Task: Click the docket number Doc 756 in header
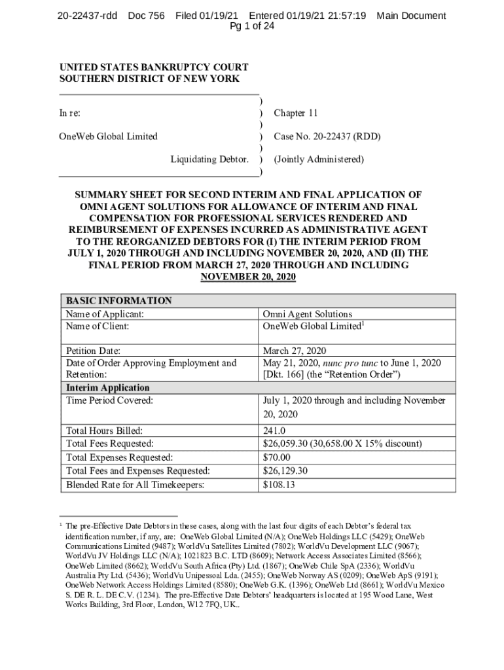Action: coord(146,16)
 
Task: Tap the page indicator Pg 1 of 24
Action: coord(252,27)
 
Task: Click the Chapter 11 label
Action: coord(295,113)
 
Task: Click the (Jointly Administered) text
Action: coord(318,159)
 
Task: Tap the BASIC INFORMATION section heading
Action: coord(119,301)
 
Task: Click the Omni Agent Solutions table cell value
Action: coord(307,314)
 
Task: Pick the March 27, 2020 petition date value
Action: coord(294,351)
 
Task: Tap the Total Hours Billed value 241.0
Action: coord(274,431)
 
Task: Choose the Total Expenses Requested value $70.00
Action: coord(276,457)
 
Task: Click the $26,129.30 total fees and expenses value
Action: coord(285,471)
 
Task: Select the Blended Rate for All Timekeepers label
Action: coord(135,485)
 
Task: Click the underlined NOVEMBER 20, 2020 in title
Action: coord(248,277)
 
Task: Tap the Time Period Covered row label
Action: coord(110,400)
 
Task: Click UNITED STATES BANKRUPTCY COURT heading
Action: coord(154,67)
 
